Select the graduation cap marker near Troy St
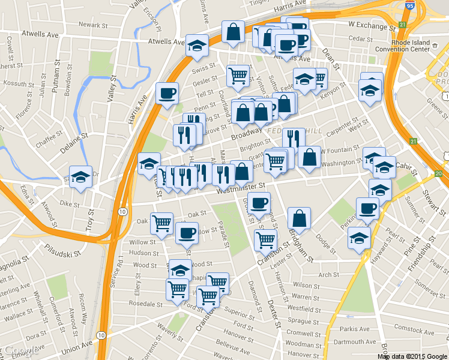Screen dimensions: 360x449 [80, 176]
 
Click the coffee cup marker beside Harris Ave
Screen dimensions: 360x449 [167, 92]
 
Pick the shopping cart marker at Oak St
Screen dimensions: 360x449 [161, 223]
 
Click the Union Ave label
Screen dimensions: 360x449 [76, 347]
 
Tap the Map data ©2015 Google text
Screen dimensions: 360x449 [412, 356]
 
